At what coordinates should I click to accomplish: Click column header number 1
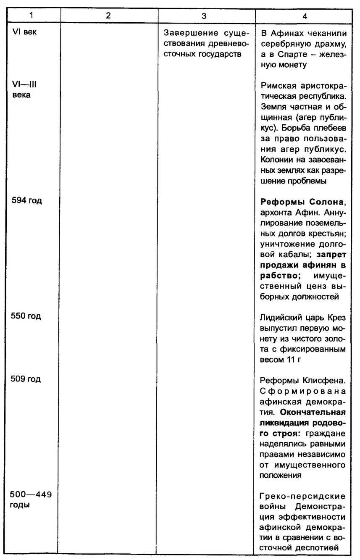(x=31, y=16)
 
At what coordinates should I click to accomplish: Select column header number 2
(x=108, y=16)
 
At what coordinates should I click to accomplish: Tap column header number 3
(x=204, y=16)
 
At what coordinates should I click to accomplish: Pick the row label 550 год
(x=29, y=316)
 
